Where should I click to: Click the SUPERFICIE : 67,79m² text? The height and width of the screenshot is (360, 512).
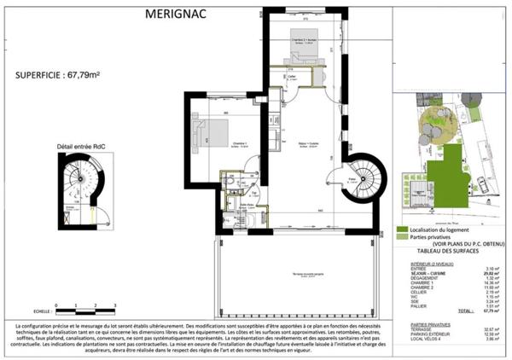tap(58, 75)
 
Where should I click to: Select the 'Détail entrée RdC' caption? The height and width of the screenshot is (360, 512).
tap(79, 146)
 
